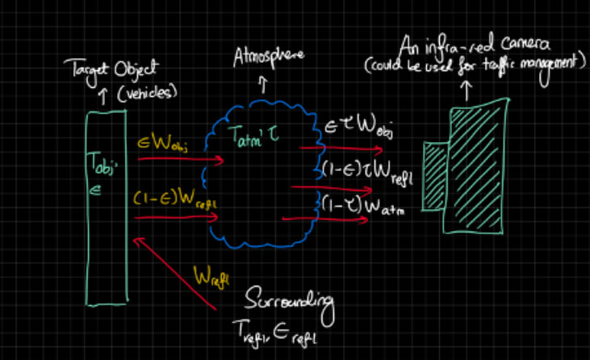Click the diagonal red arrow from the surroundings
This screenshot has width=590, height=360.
[x=177, y=273]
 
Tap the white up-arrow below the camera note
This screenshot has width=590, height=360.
[x=469, y=85]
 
